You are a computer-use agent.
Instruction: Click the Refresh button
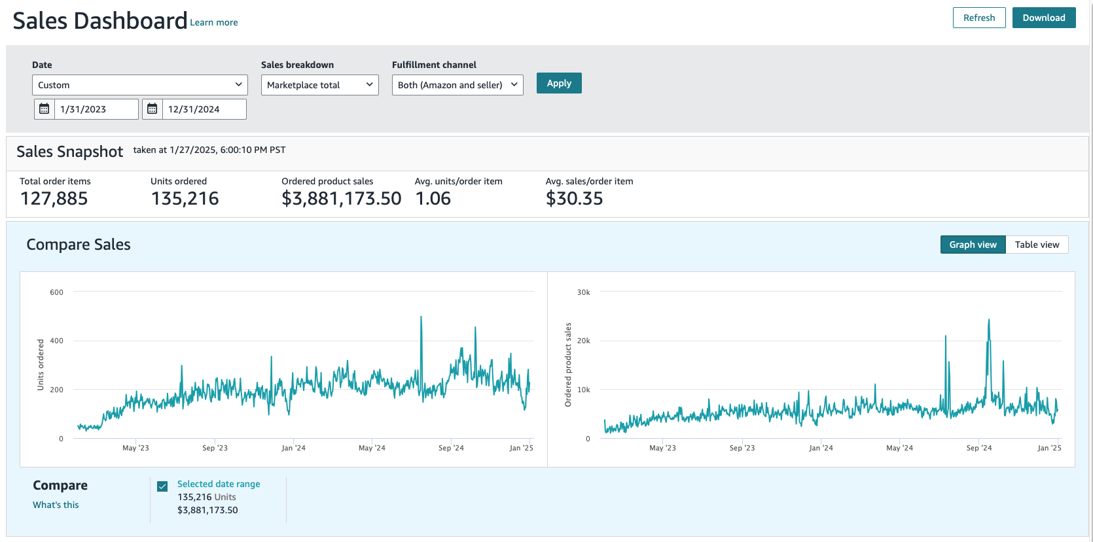click(x=978, y=18)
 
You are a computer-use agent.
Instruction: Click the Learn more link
click(x=214, y=22)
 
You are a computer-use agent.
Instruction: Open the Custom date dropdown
click(x=139, y=85)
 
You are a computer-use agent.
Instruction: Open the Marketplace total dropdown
click(x=319, y=85)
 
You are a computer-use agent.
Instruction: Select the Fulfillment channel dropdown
click(x=457, y=85)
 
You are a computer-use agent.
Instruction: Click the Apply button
click(x=558, y=83)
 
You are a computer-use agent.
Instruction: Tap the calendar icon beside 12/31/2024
click(x=152, y=109)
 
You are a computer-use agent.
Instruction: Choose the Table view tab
click(x=1037, y=245)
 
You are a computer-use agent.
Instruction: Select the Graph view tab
click(x=973, y=245)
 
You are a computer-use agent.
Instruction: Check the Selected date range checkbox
click(x=162, y=486)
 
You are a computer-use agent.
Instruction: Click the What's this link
click(x=56, y=505)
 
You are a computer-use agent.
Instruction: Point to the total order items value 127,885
click(x=54, y=199)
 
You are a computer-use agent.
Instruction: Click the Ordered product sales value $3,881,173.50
click(x=341, y=199)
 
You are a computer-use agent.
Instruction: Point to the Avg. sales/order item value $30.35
click(x=574, y=199)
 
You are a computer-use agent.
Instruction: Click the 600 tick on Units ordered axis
click(x=57, y=292)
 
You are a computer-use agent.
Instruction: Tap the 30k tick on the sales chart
click(x=583, y=292)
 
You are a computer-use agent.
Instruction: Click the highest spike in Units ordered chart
click(x=421, y=318)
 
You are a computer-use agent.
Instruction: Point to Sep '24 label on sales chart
click(x=978, y=448)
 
